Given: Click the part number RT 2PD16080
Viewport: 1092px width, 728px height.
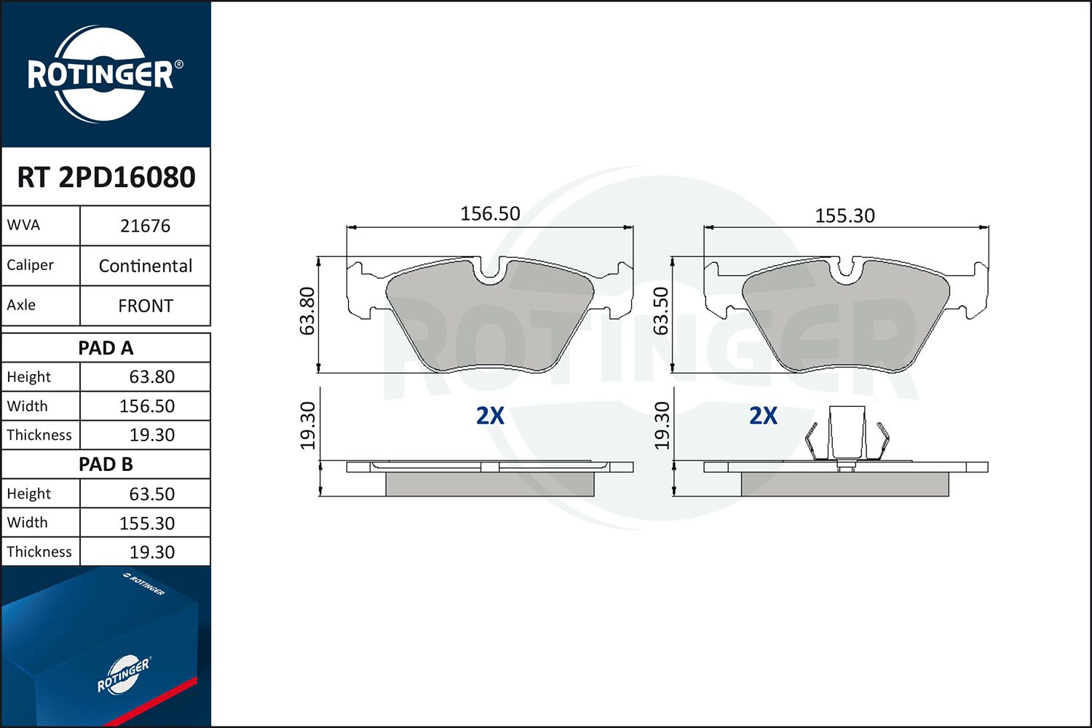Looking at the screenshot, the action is [x=106, y=177].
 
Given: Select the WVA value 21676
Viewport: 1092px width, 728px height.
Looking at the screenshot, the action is [x=146, y=226].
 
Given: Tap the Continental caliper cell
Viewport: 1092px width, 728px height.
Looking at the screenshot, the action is [x=146, y=266].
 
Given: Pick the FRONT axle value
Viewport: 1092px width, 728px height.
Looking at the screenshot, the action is [x=146, y=306].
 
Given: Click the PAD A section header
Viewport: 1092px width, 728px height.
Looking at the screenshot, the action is [x=106, y=348].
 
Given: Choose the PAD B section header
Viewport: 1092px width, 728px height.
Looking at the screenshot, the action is [x=106, y=464].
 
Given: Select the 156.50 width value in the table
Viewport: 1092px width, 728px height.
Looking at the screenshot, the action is [x=147, y=406].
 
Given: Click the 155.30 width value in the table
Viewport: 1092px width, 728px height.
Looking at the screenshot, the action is [x=147, y=523].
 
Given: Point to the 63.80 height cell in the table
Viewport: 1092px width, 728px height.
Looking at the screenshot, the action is [x=151, y=377].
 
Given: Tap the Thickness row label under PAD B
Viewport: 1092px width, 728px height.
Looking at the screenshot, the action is [x=39, y=552].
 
